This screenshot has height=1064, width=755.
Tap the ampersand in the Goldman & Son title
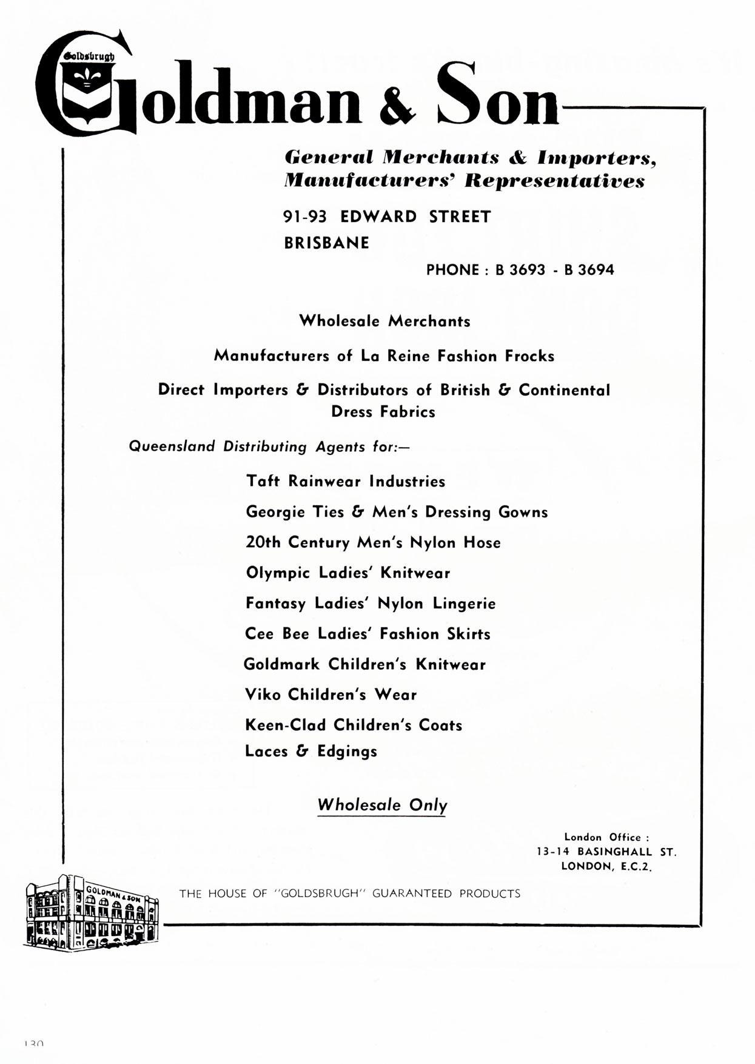coord(397,104)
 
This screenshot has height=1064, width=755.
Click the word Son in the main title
coord(497,96)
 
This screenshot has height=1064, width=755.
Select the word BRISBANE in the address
coord(326,243)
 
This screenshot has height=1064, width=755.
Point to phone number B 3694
coord(589,270)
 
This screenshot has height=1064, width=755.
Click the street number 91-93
coord(305,217)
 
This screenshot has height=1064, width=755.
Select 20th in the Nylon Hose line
coord(263,542)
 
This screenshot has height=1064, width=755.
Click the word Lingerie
coord(464,604)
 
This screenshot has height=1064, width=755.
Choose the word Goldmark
coord(281,664)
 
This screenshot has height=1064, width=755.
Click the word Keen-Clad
coord(285,725)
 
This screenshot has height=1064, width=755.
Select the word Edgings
coord(347,752)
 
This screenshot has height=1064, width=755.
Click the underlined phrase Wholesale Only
coord(382,806)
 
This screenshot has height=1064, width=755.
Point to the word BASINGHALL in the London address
coord(614,852)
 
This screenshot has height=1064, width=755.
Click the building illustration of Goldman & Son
coord(91,912)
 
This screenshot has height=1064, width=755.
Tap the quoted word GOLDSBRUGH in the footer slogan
coord(320,894)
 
